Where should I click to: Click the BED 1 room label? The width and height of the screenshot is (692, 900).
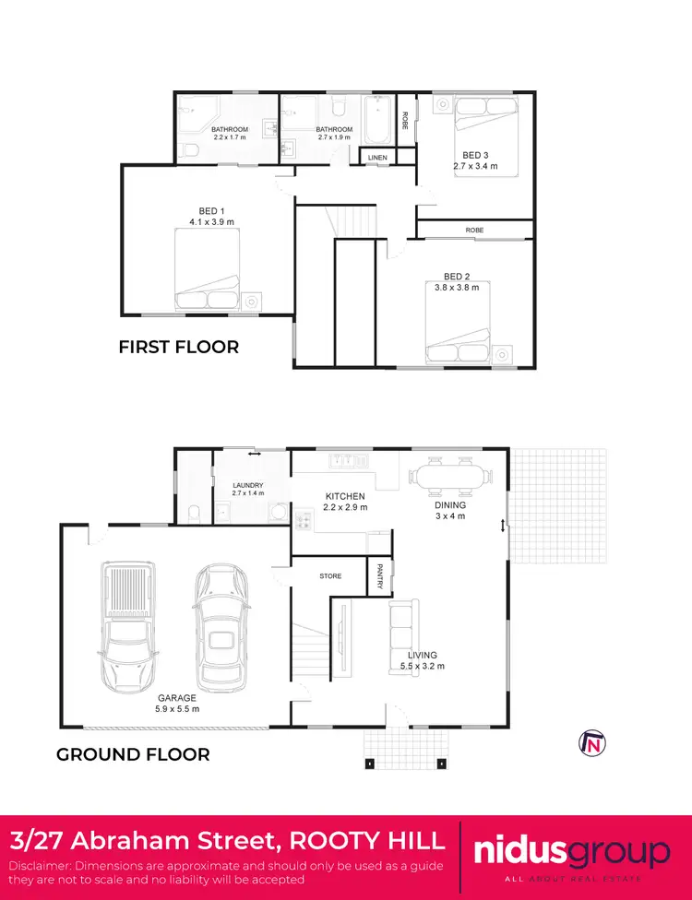point(211,211)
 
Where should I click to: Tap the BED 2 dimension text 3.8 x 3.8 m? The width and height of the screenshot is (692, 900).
point(457,288)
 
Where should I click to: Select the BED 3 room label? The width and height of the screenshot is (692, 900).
point(474,155)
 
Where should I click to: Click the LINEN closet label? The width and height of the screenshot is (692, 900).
point(377,159)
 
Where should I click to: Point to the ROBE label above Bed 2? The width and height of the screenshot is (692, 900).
point(474,230)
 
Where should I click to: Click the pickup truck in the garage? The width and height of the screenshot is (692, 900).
point(125,627)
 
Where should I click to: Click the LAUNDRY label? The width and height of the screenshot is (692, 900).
point(248,485)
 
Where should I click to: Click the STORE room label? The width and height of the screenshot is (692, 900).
point(330,576)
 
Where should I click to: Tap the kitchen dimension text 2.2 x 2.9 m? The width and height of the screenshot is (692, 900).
point(346,507)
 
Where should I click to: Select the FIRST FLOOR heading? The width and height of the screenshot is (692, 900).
point(178,348)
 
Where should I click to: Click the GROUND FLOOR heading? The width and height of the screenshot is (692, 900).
point(133,754)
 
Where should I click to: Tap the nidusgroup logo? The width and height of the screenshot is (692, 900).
point(572,853)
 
